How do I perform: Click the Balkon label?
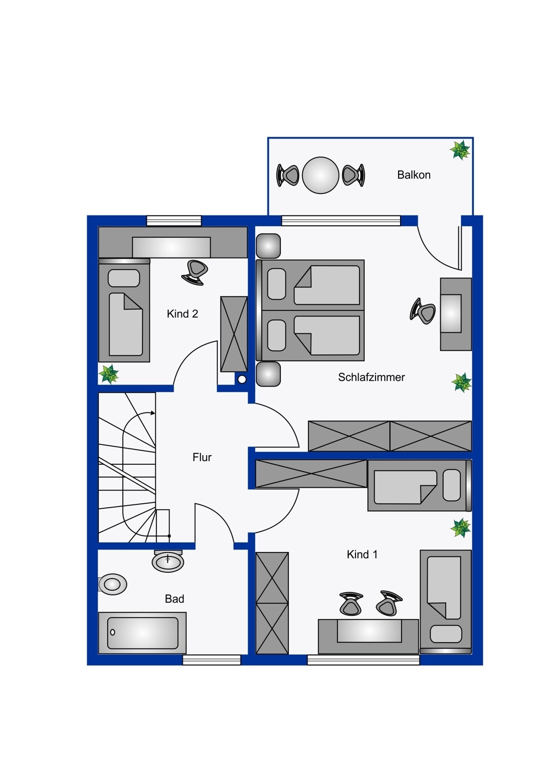pos(413,175)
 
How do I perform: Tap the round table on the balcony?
pos(320,175)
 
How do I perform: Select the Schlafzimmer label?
pos(371,377)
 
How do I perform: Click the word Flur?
pos(202,457)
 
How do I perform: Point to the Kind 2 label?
pos(182,314)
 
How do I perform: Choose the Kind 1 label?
pos(362,554)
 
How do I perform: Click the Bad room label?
pos(174,599)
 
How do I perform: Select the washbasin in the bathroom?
pos(168,561)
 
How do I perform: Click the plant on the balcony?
pos(460,150)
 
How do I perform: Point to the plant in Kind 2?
pos(109,374)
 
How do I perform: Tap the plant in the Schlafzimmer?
pos(461,382)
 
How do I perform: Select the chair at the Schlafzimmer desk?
pos(423,311)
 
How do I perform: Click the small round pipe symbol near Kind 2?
pos(242,379)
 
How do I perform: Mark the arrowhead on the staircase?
pos(153,413)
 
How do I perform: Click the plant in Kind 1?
pos(460,528)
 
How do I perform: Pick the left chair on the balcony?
pos(288,175)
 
